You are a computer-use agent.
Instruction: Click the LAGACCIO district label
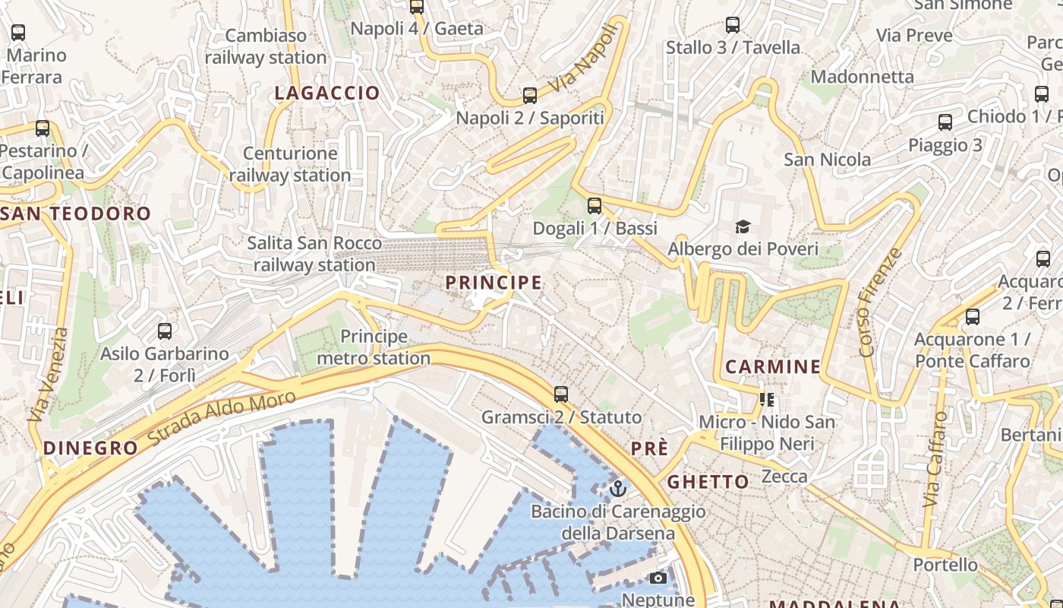(326, 93)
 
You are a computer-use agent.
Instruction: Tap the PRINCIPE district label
(494, 283)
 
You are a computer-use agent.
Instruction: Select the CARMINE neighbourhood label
(773, 367)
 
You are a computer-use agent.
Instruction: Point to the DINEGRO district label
(91, 448)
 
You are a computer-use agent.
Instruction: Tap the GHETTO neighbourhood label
(708, 481)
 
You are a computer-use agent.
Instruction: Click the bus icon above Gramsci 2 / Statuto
(561, 394)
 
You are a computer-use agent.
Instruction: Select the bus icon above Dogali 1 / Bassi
(595, 205)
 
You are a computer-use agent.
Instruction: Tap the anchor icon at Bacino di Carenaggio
(617, 488)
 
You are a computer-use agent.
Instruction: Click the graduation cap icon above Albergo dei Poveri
(743, 226)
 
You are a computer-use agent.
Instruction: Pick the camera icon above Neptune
(658, 578)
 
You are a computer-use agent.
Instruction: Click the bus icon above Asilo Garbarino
(165, 331)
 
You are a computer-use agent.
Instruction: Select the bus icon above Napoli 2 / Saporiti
(530, 96)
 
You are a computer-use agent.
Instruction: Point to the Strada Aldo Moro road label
(222, 418)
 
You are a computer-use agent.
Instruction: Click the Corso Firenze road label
(878, 302)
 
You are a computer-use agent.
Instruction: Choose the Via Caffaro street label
(935, 460)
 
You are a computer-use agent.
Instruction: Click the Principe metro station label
(374, 347)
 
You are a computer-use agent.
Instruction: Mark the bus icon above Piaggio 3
(945, 122)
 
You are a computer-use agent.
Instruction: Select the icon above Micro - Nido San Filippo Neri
(766, 399)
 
